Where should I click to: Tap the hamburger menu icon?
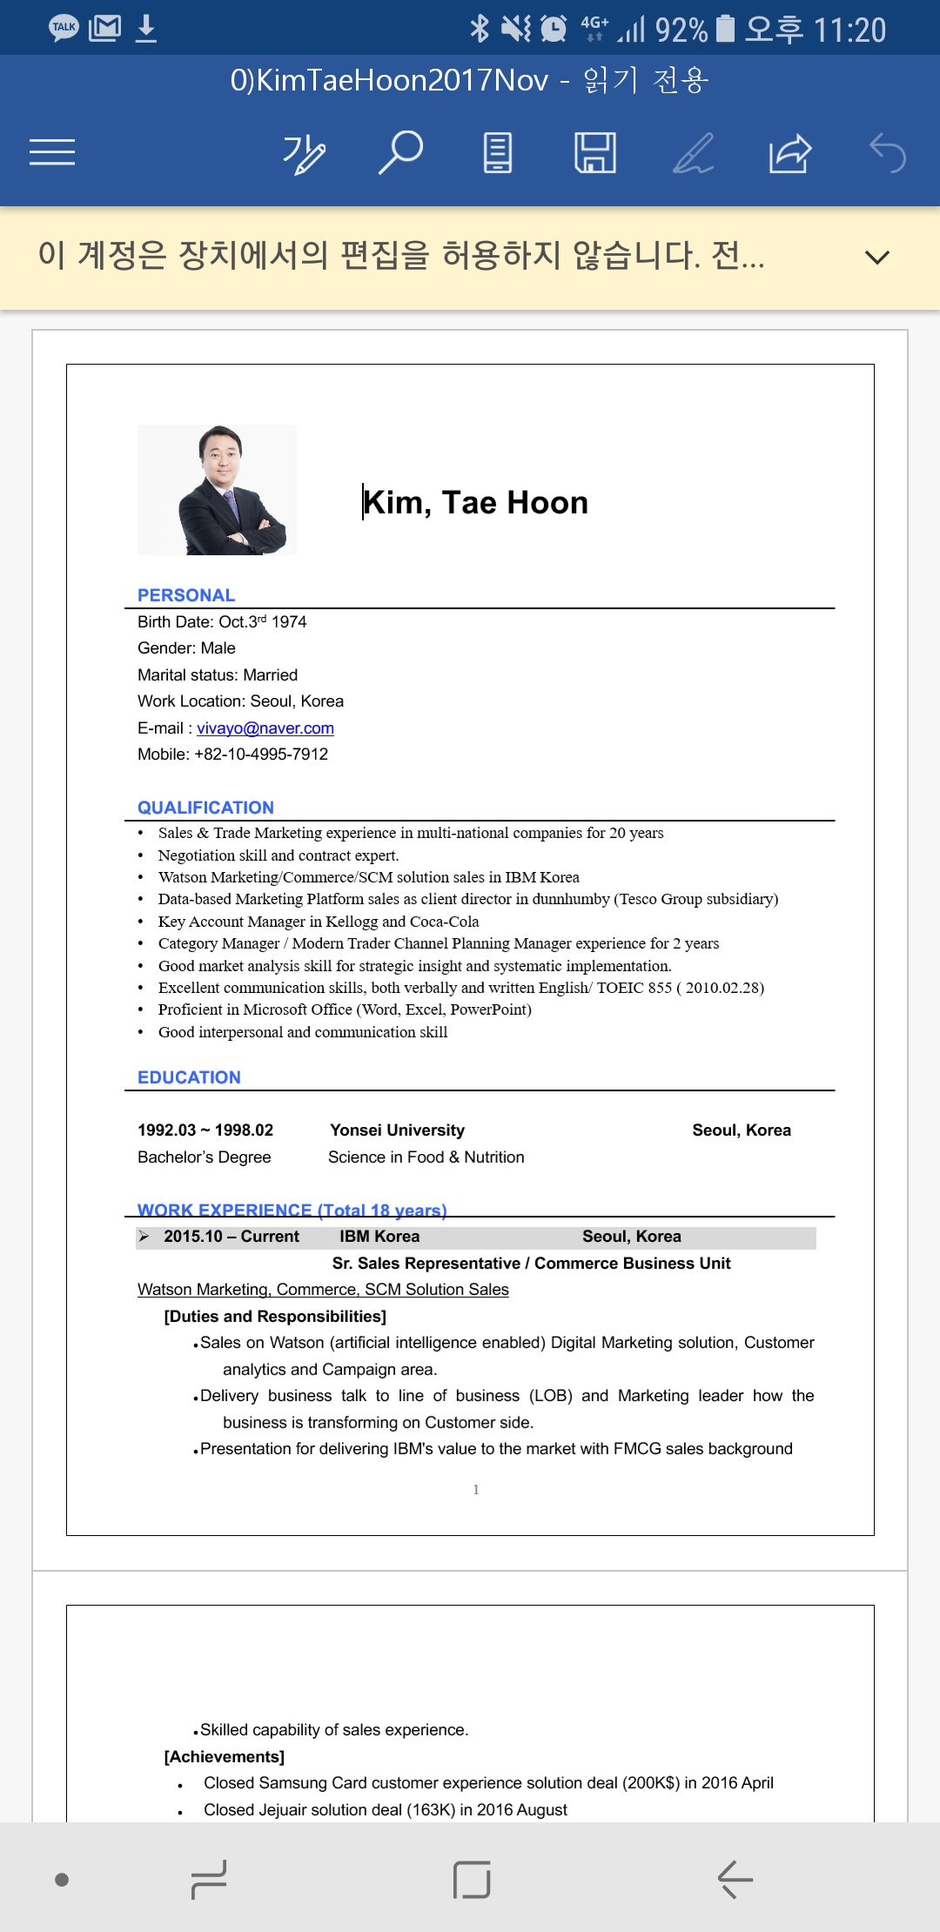pyautogui.click(x=52, y=152)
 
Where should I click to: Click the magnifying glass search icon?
pyautogui.click(x=400, y=152)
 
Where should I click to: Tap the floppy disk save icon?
pyautogui.click(x=595, y=152)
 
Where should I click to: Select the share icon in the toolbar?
pyautogui.click(x=789, y=153)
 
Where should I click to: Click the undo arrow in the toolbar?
pyautogui.click(x=888, y=153)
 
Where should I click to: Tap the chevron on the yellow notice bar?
pyautogui.click(x=876, y=257)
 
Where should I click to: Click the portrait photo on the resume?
pyautogui.click(x=218, y=490)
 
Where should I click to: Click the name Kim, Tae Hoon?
pyautogui.click(x=475, y=502)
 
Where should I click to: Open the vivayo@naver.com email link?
pyautogui.click(x=265, y=728)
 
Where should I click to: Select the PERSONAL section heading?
pyautogui.click(x=186, y=595)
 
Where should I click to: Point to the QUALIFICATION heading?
pyautogui.click(x=205, y=808)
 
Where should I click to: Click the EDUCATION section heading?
pyautogui.click(x=189, y=1077)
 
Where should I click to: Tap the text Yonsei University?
pyautogui.click(x=397, y=1130)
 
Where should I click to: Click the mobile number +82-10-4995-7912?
pyautogui.click(x=261, y=755)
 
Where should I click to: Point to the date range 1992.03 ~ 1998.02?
pyautogui.click(x=205, y=1130)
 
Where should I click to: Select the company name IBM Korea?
pyautogui.click(x=379, y=1237)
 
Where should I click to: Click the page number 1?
pyautogui.click(x=476, y=1490)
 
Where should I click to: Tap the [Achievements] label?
pyautogui.click(x=225, y=1757)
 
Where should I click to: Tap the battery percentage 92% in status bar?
pyautogui.click(x=681, y=30)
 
